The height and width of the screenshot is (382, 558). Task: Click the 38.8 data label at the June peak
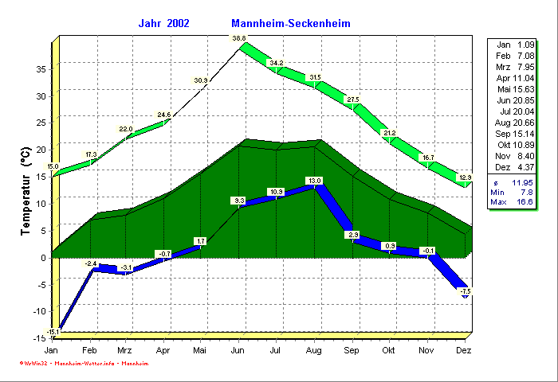[239, 38]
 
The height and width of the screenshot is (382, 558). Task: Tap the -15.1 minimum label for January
[53, 332]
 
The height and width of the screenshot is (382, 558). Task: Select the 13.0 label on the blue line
[315, 181]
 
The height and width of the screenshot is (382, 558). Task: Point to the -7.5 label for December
[466, 292]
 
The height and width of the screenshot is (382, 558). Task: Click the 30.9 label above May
[201, 80]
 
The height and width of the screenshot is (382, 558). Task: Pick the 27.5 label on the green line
[353, 99]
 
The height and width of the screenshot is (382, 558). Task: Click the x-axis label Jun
[238, 350]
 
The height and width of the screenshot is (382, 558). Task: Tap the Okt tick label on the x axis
[390, 350]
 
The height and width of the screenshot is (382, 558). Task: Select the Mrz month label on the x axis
[125, 350]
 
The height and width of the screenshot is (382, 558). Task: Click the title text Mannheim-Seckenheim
[290, 24]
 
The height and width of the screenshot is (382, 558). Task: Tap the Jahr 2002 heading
[163, 24]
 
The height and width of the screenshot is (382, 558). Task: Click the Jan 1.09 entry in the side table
[516, 44]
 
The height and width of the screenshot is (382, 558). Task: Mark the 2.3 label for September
[353, 235]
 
